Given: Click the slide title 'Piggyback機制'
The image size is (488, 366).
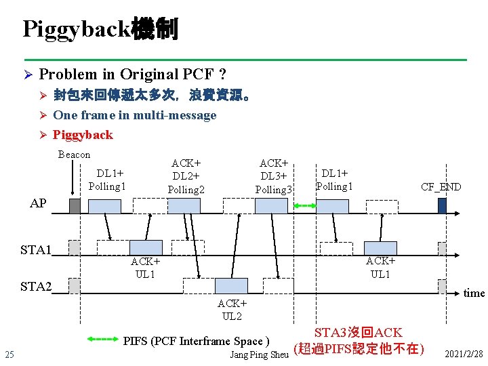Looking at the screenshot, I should click(x=100, y=29).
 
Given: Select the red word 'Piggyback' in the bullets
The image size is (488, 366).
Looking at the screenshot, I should click(x=83, y=135).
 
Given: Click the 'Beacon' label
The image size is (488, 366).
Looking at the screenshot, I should click(x=74, y=155).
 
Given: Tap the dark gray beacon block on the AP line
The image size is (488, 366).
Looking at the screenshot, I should click(x=75, y=205).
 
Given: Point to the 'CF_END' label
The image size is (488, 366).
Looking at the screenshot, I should click(x=441, y=187).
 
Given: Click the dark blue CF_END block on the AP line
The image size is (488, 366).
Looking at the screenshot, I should click(x=442, y=205).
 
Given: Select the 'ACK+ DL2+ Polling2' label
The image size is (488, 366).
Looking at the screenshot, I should click(x=186, y=176).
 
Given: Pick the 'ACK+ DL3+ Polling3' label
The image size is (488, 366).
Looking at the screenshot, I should click(x=274, y=176).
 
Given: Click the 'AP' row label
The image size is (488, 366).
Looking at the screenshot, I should click(x=38, y=203).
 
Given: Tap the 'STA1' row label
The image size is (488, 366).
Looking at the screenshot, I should click(x=36, y=249).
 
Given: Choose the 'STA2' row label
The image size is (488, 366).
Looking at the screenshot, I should click(x=36, y=286).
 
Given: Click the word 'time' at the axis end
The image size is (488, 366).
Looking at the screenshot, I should click(x=474, y=293).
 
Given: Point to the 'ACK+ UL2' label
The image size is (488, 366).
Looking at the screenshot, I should click(x=232, y=310).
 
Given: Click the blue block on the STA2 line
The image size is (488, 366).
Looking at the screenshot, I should click(x=232, y=285).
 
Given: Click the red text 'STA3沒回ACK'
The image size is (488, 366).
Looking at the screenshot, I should click(x=358, y=333).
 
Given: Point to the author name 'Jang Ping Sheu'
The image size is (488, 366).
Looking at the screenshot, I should click(x=260, y=354).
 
